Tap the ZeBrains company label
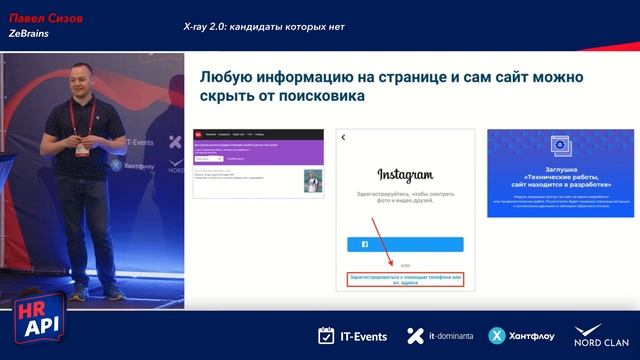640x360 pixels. pos(29,33)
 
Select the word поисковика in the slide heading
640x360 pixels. pos(320,97)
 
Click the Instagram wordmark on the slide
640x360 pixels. pos(405,173)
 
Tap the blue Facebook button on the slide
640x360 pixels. pos(405,243)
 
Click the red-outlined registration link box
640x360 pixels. pos(405,279)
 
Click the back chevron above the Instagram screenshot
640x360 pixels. pos(343,137)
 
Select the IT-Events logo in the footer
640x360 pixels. pos(352,336)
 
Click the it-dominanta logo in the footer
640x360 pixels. pos(439,336)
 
